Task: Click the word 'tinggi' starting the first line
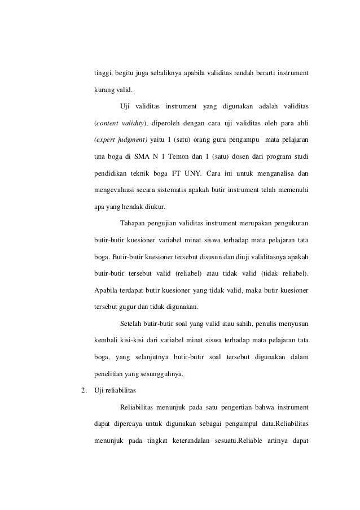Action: tap(102, 74)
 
